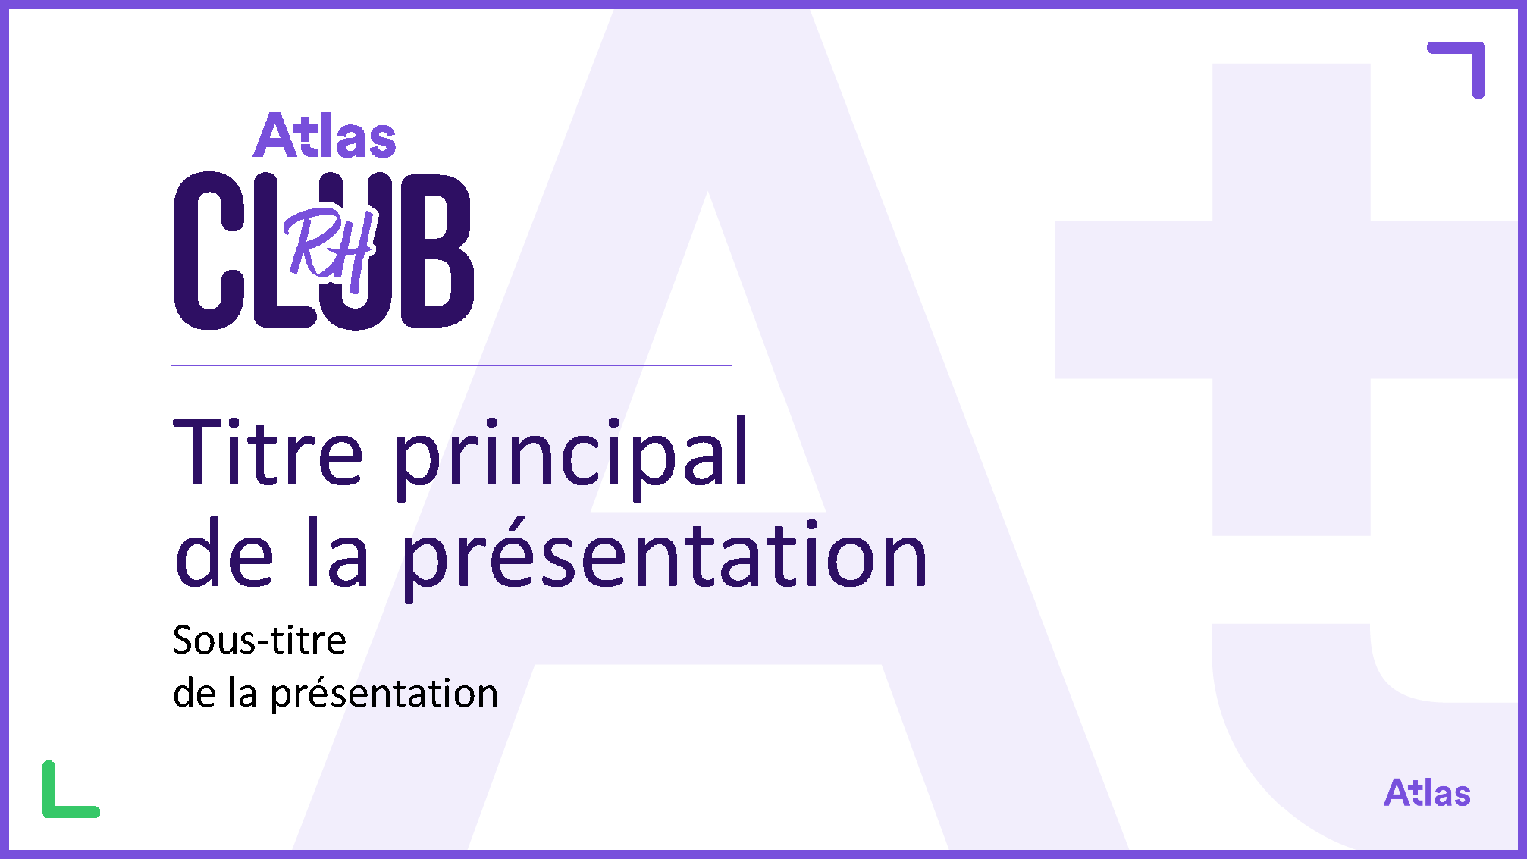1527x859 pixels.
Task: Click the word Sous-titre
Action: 259,641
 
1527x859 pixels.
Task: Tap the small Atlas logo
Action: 1427,793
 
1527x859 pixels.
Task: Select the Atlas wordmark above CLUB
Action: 325,136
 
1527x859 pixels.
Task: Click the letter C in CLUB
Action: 209,251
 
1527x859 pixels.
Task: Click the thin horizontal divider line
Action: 451,365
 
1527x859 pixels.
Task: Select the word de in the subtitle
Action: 195,692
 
